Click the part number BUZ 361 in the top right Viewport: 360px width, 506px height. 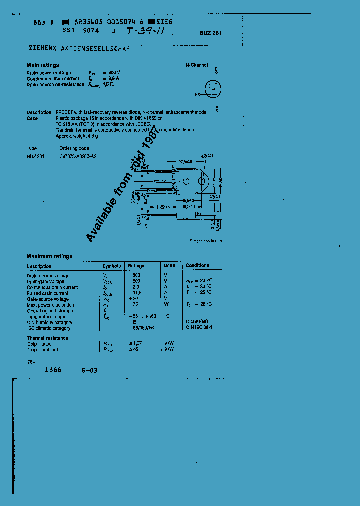coord(210,32)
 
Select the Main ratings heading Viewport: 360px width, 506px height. coord(43,65)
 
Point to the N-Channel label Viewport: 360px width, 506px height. coord(197,65)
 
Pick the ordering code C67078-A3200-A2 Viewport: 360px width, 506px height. coord(78,156)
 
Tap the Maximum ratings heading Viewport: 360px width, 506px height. coord(49,256)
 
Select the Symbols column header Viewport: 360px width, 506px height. coord(111,266)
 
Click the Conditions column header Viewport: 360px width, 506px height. coord(197,266)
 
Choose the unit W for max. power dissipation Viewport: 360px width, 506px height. coord(167,304)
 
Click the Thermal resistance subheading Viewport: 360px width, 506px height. coord(48,338)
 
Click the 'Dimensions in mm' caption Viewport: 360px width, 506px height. coord(205,241)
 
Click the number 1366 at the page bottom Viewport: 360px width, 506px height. coord(53,370)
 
